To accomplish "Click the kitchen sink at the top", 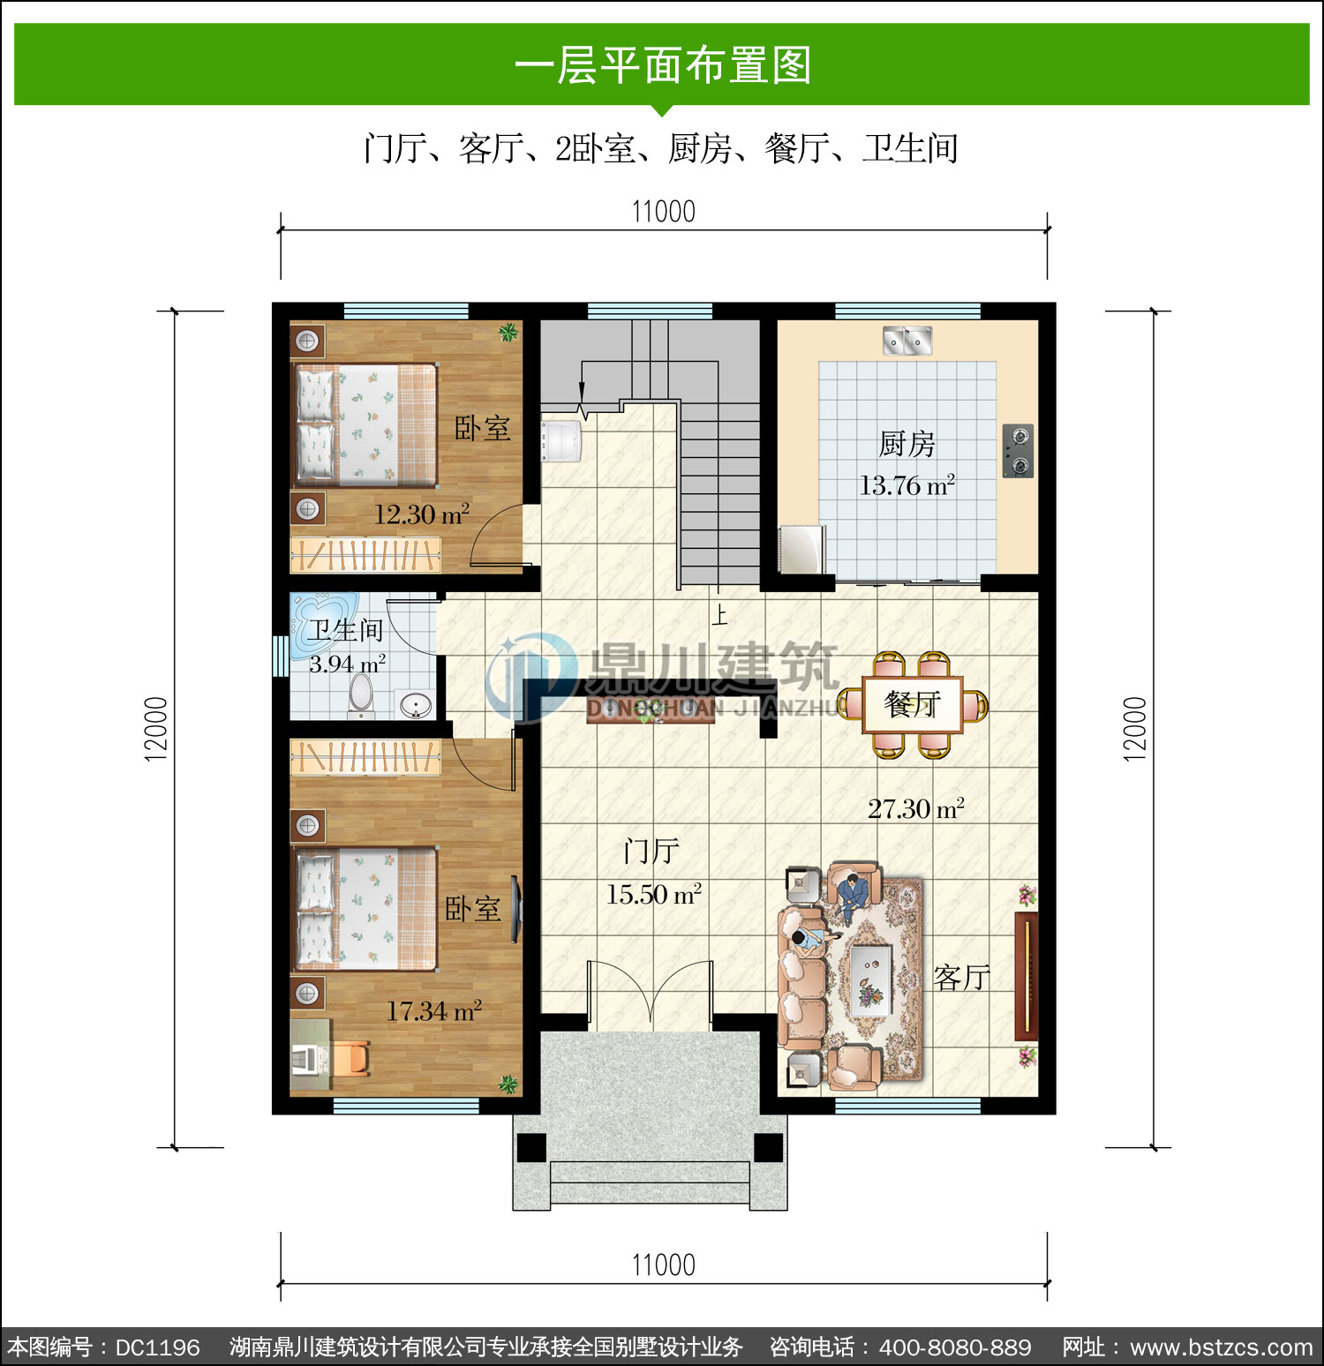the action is coord(907,341).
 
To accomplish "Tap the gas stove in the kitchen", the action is coord(1018,451).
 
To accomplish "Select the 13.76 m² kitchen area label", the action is coord(907,485).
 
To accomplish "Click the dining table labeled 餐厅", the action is coord(913,704).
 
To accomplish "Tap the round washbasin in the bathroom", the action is coord(416,705).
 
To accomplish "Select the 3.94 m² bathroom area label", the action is coord(347,664).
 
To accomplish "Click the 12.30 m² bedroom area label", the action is coord(421,514).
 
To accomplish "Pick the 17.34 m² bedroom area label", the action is coord(434,1011).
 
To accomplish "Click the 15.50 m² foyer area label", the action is coord(654,895).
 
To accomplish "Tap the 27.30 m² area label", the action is coord(916,809).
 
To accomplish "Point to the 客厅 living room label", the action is coord(962,978).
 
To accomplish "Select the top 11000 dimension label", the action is coord(664,212).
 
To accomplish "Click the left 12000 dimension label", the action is coord(155,729).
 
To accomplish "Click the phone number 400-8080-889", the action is coord(955,1347).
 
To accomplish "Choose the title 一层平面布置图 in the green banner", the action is coord(663,65).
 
